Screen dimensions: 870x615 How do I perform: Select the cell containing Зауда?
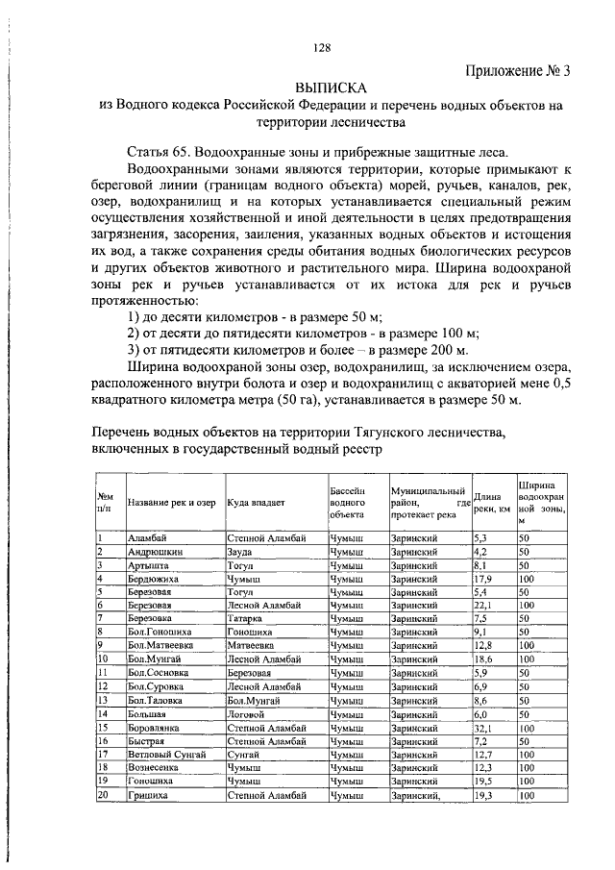pyautogui.click(x=241, y=553)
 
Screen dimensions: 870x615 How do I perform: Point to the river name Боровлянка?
pyautogui.click(x=158, y=729)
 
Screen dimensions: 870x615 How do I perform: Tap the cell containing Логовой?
pyautogui.click(x=245, y=714)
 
